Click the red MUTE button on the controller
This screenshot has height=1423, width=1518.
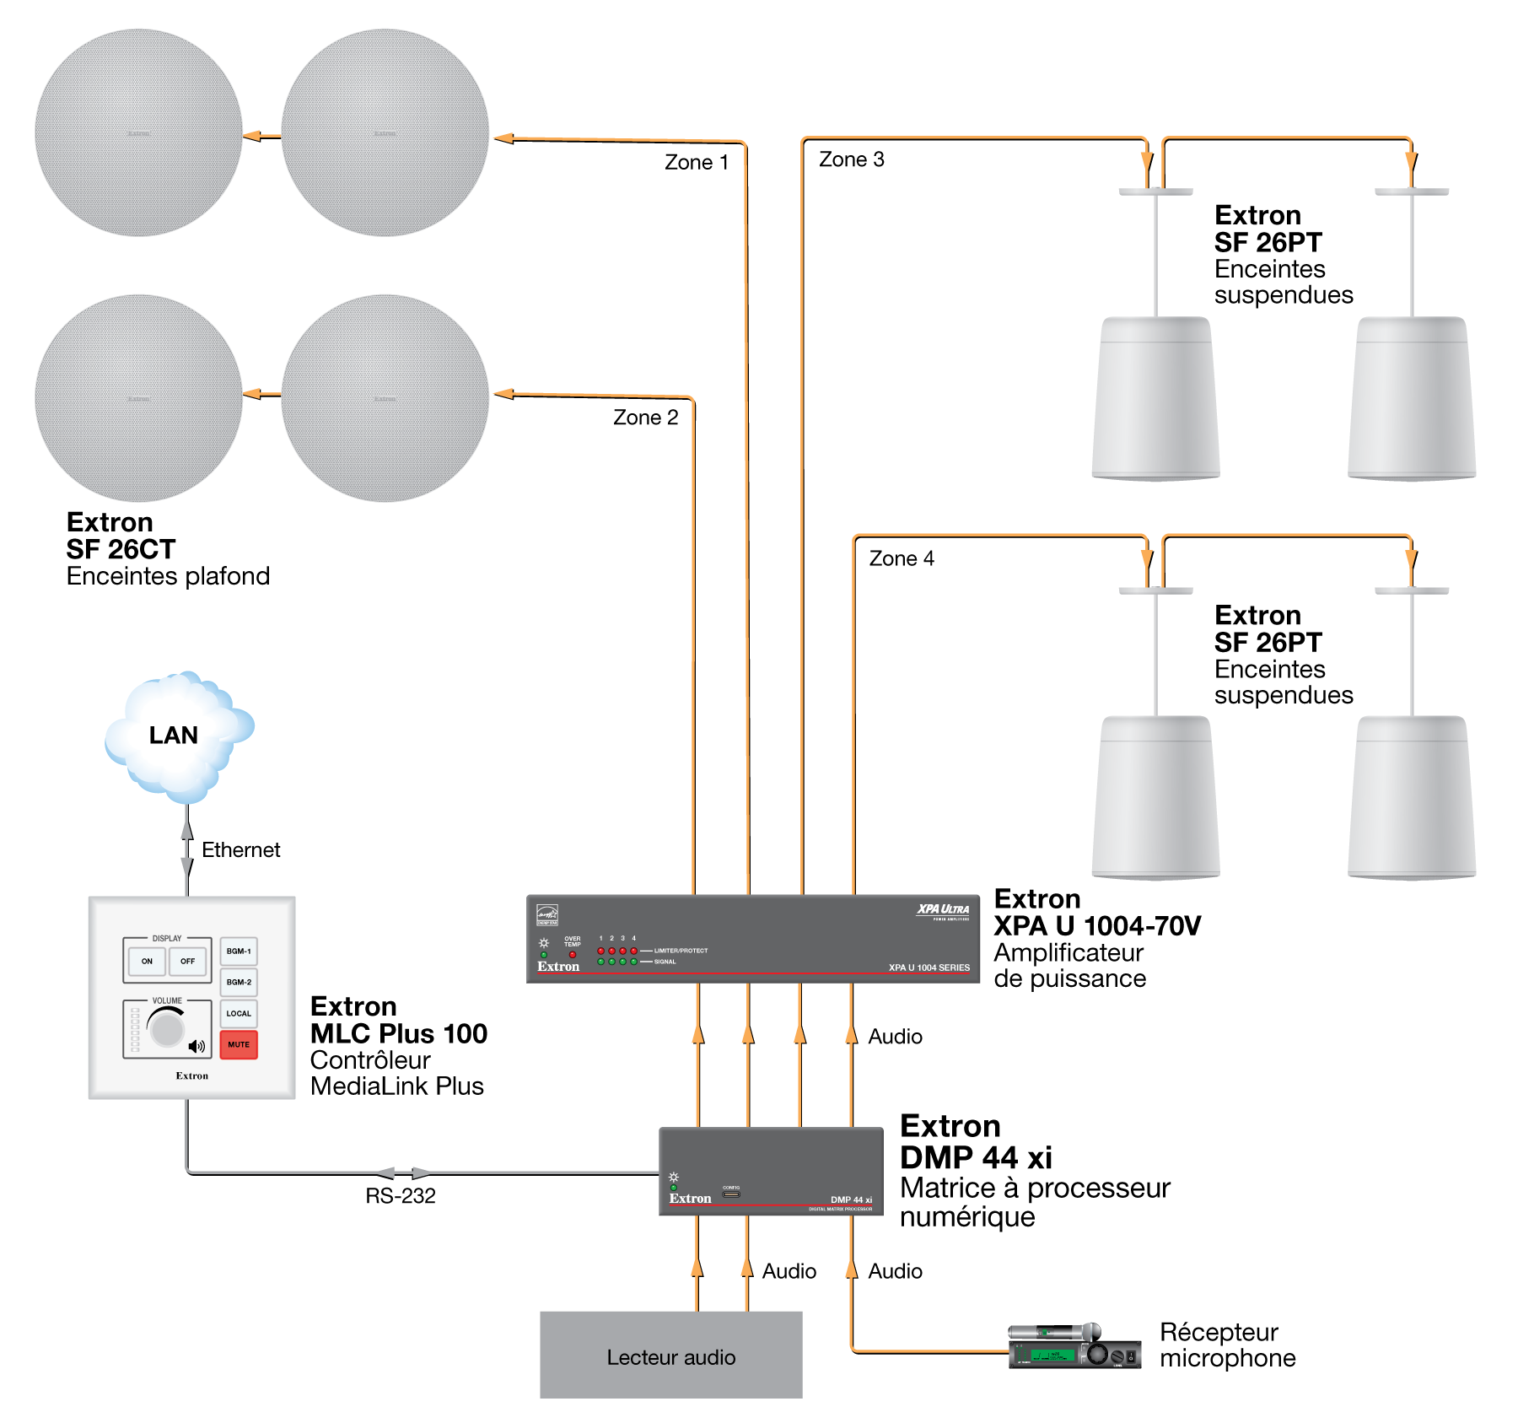tap(239, 1044)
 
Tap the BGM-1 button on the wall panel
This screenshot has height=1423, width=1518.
tap(239, 951)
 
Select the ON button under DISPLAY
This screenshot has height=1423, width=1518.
tap(147, 961)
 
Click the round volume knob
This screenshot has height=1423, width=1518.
tap(167, 1029)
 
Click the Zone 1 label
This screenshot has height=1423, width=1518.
tap(696, 162)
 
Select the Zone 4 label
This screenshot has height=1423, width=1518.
tap(902, 558)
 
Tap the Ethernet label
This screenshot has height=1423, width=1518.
tap(240, 849)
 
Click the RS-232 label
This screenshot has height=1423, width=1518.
tap(401, 1195)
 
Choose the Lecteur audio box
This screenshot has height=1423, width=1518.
tap(670, 1355)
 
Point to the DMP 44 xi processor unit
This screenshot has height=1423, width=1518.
tap(770, 1171)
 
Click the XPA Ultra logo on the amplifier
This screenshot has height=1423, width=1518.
tap(943, 910)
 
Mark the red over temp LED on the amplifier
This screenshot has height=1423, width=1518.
tap(573, 955)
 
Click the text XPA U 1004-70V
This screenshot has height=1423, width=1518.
tap(1096, 926)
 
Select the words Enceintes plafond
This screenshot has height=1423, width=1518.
tap(168, 576)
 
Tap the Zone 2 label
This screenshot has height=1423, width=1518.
tap(645, 418)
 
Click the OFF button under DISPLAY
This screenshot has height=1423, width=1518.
tap(187, 961)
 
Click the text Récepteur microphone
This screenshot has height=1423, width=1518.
tap(1227, 1345)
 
